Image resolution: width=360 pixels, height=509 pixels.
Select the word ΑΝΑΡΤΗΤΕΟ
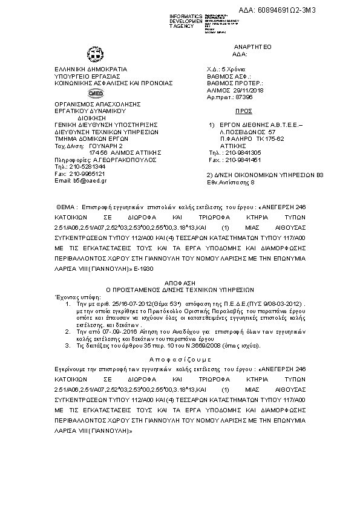click(253, 47)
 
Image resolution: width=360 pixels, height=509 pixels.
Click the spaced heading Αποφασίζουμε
click(180, 358)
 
